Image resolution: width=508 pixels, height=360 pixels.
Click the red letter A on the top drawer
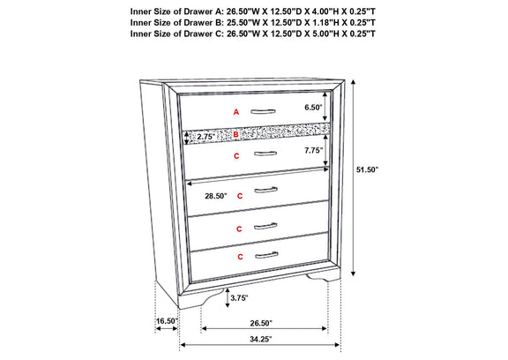click(x=236, y=112)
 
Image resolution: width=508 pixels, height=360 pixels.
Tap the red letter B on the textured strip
click(x=235, y=134)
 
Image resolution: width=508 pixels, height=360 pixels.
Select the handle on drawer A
click(x=263, y=112)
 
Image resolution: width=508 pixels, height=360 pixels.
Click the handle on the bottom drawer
click(x=266, y=256)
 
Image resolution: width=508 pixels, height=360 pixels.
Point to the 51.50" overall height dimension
click(x=368, y=169)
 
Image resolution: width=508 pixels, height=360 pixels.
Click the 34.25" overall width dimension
click(x=260, y=339)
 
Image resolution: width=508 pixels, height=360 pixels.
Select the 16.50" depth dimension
click(x=168, y=321)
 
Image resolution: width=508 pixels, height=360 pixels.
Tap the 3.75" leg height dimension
click(x=239, y=298)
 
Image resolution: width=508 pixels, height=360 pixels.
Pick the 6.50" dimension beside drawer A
click(x=313, y=108)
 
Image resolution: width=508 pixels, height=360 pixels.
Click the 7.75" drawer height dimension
click(x=313, y=150)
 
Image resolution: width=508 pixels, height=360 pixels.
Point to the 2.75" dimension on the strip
click(x=206, y=137)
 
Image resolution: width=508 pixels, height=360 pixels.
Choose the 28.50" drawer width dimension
click(x=216, y=196)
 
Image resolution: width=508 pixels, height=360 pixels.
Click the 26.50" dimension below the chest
click(x=261, y=323)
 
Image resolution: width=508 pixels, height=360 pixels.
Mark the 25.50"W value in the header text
click(x=242, y=23)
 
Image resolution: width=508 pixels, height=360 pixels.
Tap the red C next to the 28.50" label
click(x=240, y=196)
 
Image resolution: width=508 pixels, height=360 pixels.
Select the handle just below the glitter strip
click(x=265, y=154)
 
